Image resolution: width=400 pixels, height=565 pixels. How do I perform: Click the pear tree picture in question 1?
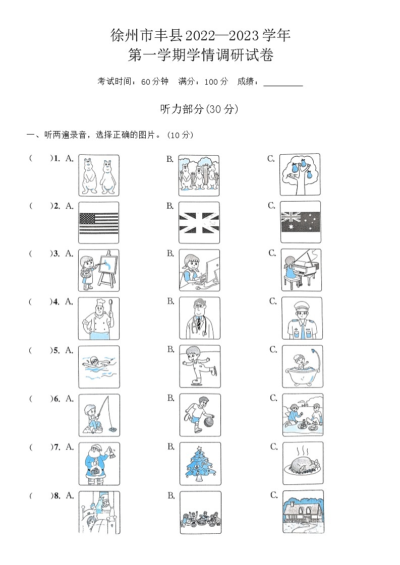pos(300,174)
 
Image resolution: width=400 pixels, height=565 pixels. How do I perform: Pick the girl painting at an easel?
pos(99,271)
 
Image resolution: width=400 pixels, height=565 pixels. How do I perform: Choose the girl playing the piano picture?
pos(301,270)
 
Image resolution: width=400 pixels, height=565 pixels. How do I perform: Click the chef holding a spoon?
pos(99,319)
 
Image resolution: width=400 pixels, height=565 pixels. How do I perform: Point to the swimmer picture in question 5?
pos(99,366)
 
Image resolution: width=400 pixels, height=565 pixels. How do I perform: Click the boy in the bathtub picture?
pos(302,366)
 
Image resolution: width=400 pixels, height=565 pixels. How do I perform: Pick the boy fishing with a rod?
pos(99,415)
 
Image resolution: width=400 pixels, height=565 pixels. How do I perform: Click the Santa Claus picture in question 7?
pos(99,464)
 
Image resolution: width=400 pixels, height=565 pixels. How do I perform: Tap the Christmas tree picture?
pos(200,464)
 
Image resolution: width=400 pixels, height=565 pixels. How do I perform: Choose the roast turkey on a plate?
pos(302,464)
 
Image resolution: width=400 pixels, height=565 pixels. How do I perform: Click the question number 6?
pos(56,399)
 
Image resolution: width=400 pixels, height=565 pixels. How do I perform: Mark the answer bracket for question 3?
pos(41,254)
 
